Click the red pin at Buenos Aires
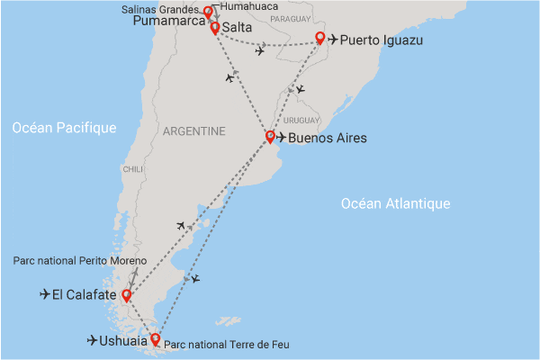click(270, 137)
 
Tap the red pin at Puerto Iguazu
click(319, 39)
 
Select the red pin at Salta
click(215, 28)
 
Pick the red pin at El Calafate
click(127, 294)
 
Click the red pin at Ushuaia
click(156, 339)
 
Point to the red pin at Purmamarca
click(208, 13)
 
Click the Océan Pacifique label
click(65, 129)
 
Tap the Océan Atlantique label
click(395, 204)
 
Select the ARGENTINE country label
click(193, 131)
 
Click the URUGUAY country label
click(301, 121)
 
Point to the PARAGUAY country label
click(289, 17)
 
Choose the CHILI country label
click(132, 169)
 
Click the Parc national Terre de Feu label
click(228, 345)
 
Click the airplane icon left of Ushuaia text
click(94, 340)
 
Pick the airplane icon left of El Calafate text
click(46, 294)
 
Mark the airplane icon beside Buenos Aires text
click(282, 138)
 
